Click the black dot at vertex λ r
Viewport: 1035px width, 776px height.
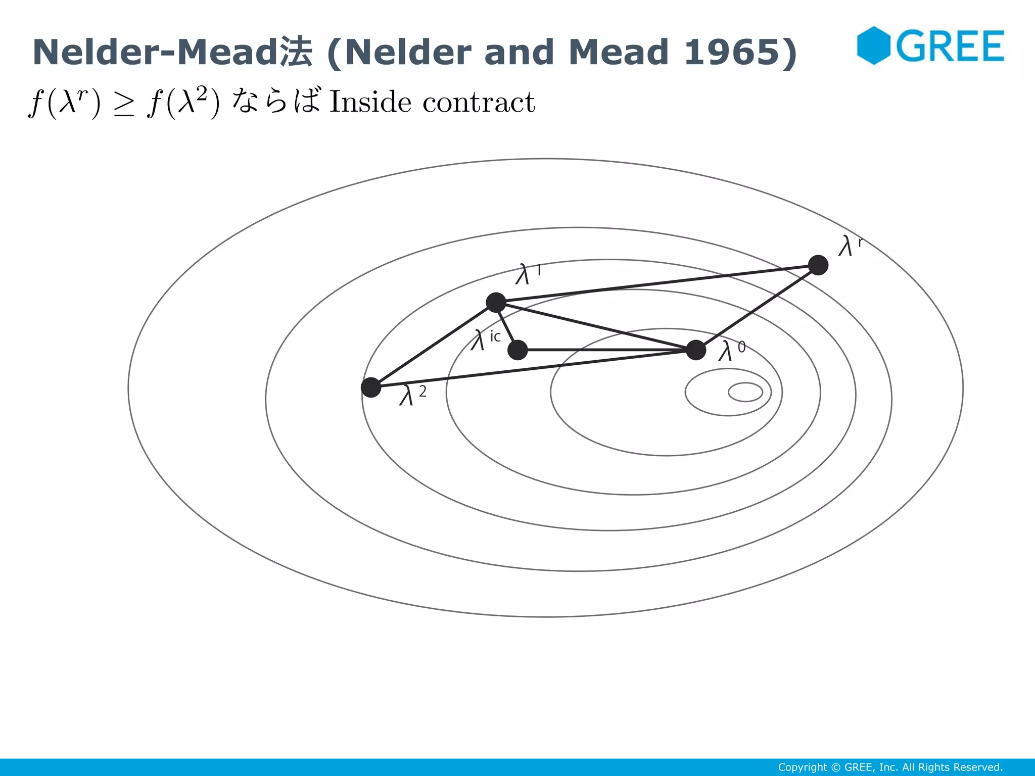pyautogui.click(x=818, y=265)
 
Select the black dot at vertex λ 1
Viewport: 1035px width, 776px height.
pyautogui.click(x=496, y=302)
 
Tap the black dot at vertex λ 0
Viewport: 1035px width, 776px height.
pyautogui.click(x=696, y=350)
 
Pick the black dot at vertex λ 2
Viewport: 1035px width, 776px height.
pyautogui.click(x=371, y=387)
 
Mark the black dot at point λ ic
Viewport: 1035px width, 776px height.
pyautogui.click(x=517, y=350)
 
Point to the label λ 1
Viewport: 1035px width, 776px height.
pyautogui.click(x=528, y=274)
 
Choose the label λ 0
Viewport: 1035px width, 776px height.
pyautogui.click(x=731, y=350)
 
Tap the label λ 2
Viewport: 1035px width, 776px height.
pyautogui.click(x=412, y=394)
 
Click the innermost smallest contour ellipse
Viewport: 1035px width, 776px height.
pyautogui.click(x=745, y=392)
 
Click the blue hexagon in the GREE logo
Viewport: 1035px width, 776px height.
pyautogui.click(x=873, y=45)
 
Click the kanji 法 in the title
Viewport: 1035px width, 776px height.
pyautogui.click(x=296, y=52)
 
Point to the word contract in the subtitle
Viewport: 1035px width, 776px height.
pyautogui.click(x=478, y=103)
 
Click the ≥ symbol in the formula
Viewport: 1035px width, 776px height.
pyautogui.click(x=124, y=105)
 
